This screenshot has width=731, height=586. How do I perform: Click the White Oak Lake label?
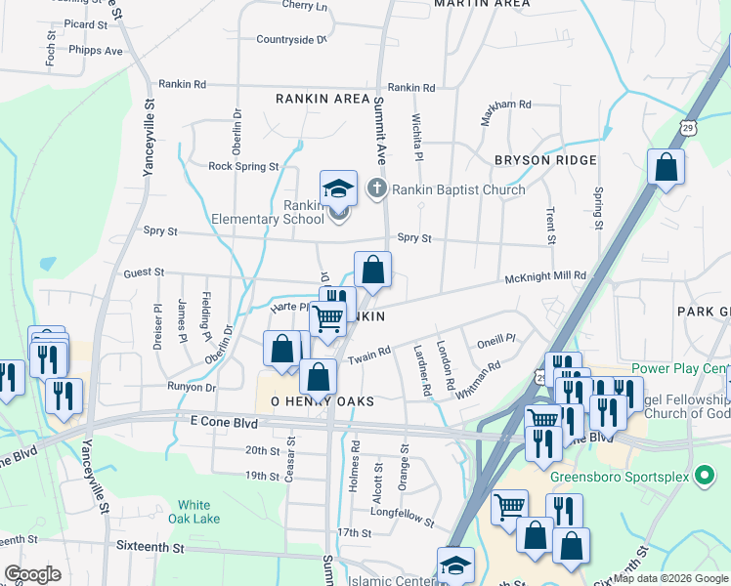(x=193, y=512)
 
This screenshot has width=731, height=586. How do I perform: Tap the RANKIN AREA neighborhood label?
(x=322, y=99)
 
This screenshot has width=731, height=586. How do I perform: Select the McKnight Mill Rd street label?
(x=544, y=276)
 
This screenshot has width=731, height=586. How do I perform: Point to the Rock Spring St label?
(x=243, y=166)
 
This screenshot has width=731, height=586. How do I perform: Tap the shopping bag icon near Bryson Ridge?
(x=666, y=166)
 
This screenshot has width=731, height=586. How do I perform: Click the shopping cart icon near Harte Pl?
(x=328, y=315)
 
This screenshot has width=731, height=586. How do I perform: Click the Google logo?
(x=32, y=574)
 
